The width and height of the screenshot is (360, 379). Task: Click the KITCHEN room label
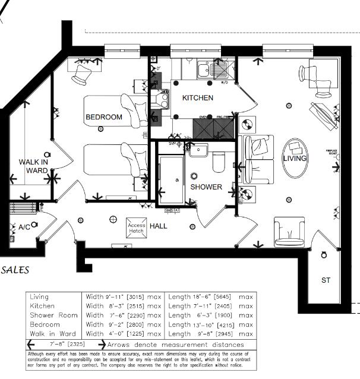(x=197, y=97)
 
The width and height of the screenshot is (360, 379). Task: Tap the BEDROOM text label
(x=104, y=117)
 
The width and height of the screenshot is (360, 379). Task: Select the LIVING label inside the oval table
(x=295, y=159)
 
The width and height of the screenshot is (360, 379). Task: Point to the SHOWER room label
(x=206, y=187)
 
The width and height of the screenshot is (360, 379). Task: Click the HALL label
(x=159, y=226)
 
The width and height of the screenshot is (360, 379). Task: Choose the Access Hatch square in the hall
(x=137, y=228)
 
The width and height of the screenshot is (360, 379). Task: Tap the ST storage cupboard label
(x=326, y=280)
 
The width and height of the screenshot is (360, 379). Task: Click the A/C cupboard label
(x=24, y=227)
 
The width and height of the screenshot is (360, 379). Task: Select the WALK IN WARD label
(x=33, y=166)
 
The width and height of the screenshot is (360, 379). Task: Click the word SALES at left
(x=15, y=270)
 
